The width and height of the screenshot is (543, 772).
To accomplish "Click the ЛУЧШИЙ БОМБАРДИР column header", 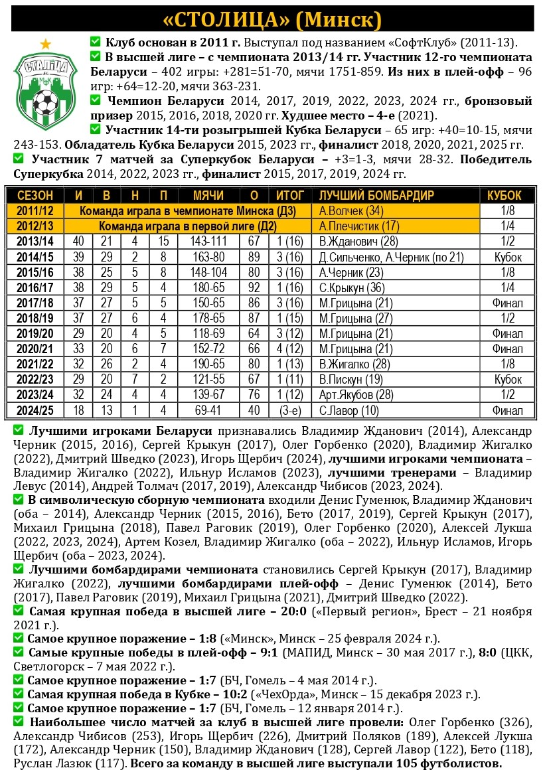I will (376, 196).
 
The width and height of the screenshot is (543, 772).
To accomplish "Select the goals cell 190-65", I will (208, 364).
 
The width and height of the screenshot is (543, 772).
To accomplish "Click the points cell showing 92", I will (254, 287).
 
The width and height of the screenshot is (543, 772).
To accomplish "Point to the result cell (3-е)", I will (290, 410).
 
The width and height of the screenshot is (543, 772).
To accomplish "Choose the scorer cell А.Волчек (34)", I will (351, 211).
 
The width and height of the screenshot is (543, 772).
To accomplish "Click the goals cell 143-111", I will (208, 242).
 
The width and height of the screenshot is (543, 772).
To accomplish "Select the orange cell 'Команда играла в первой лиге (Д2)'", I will (188, 226).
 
